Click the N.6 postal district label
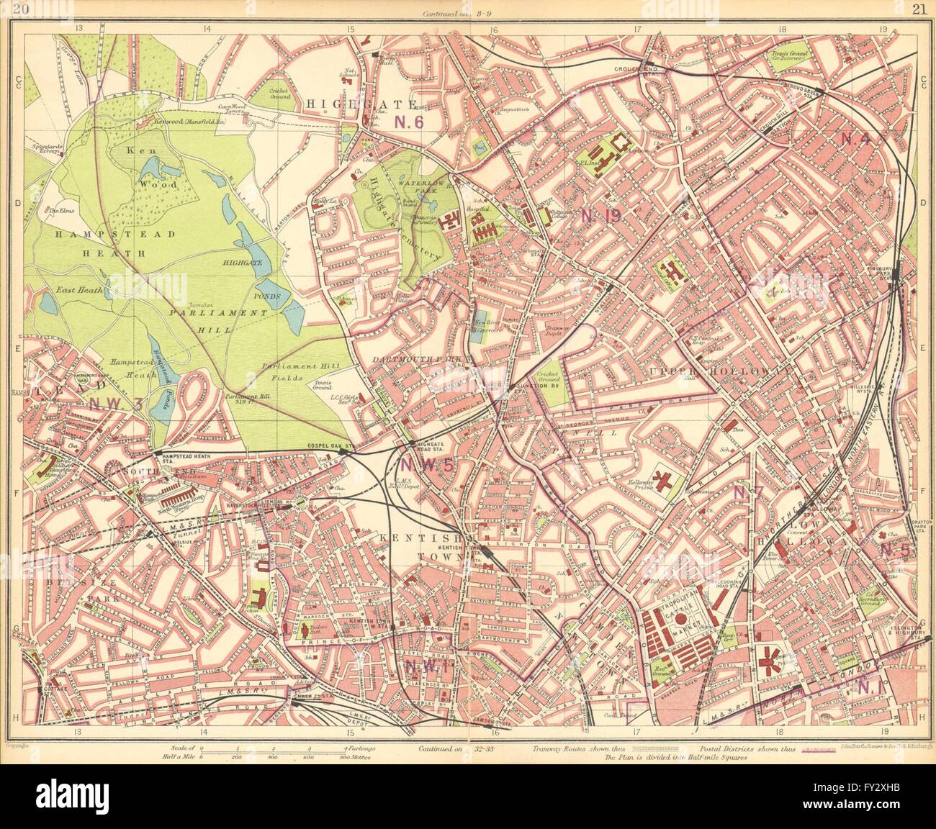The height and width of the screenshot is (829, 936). [x=408, y=122]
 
